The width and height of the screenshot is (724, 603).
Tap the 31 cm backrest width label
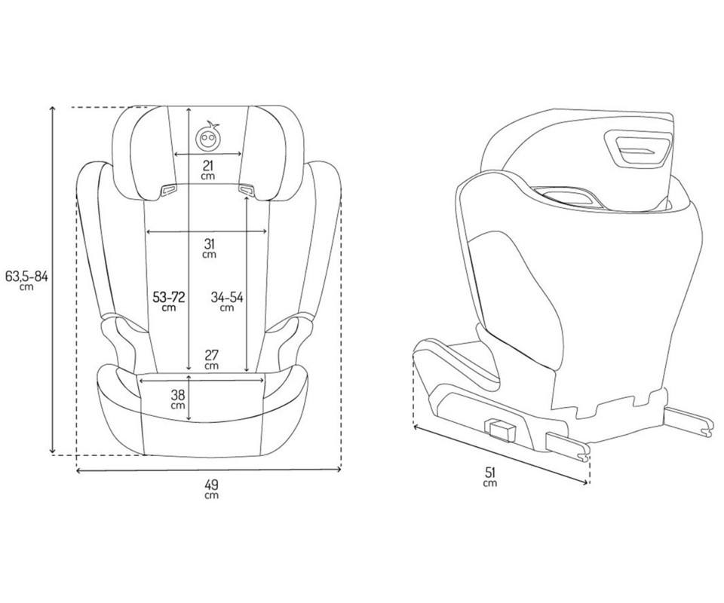click(209, 248)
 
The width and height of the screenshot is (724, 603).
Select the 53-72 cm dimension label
click(169, 301)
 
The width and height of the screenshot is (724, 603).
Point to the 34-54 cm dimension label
click(227, 301)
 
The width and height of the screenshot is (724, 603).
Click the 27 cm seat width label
click(211, 360)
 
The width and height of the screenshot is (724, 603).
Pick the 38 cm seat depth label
click(178, 399)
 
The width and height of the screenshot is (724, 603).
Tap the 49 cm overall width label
click(211, 489)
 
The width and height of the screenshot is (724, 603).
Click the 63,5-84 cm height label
click(26, 280)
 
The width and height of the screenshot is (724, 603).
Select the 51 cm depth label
click(490, 476)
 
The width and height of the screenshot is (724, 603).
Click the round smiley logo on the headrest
click(207, 136)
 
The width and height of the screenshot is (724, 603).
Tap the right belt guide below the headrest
click(246, 189)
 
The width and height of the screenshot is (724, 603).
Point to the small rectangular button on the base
click(501, 430)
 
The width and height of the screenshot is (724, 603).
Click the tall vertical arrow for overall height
click(53, 280)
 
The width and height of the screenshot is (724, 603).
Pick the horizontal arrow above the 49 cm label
click(209, 470)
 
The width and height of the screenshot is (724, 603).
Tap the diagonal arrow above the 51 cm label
click(501, 454)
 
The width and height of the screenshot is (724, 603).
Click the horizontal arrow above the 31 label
click(207, 231)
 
